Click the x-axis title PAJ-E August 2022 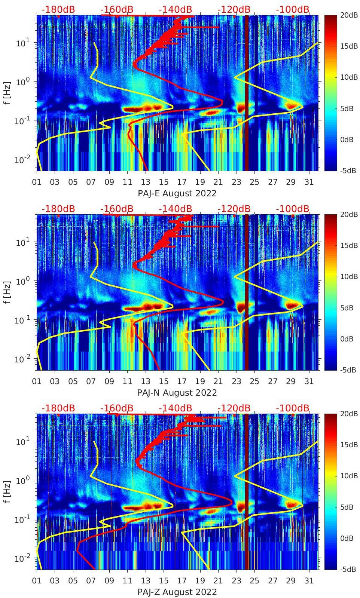[x=177, y=193]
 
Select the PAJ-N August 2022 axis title [x=177, y=393]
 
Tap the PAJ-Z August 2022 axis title [x=177, y=592]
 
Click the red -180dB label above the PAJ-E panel [x=58, y=9]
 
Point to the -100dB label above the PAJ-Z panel [x=293, y=408]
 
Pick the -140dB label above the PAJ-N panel [x=175, y=209]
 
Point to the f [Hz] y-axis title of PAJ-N [x=7, y=292]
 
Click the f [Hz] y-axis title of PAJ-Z [x=7, y=491]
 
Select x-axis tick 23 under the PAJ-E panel [x=236, y=182]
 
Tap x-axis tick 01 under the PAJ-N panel [x=37, y=381]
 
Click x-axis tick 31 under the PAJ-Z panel [x=309, y=581]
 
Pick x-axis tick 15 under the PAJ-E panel [x=164, y=182]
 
